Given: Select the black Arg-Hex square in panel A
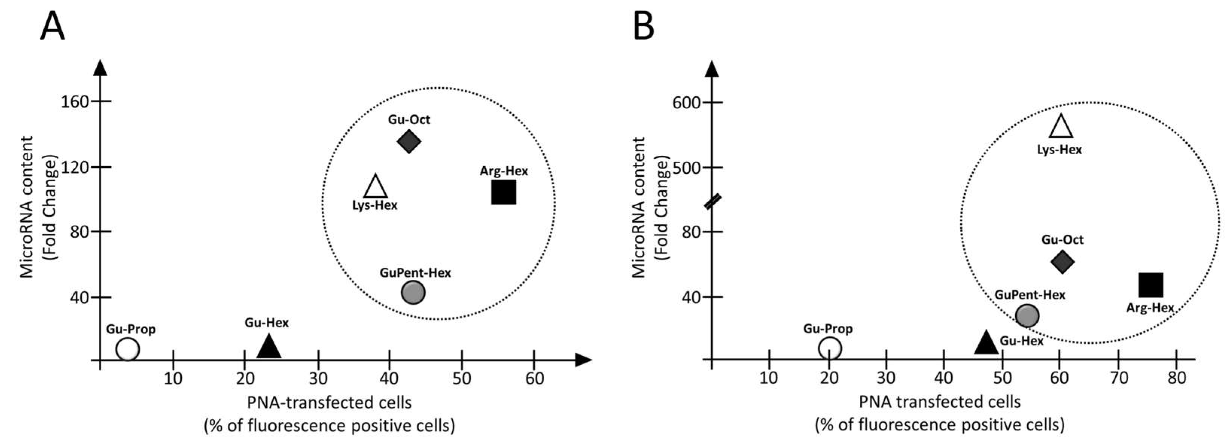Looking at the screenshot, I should [x=503, y=192].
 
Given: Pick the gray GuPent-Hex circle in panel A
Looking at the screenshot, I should [x=413, y=292].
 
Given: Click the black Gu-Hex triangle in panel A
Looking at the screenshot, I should [x=269, y=347].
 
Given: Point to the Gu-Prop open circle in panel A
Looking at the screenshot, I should [x=128, y=349].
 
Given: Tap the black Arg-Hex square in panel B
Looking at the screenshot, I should [x=1151, y=285].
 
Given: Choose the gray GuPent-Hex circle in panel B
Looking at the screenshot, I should [x=1027, y=316].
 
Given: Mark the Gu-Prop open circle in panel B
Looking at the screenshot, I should [x=830, y=348].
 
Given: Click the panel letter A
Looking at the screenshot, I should [x=52, y=27].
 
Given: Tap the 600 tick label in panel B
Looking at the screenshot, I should [x=685, y=103].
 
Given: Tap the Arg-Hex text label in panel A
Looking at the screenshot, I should [x=504, y=171].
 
